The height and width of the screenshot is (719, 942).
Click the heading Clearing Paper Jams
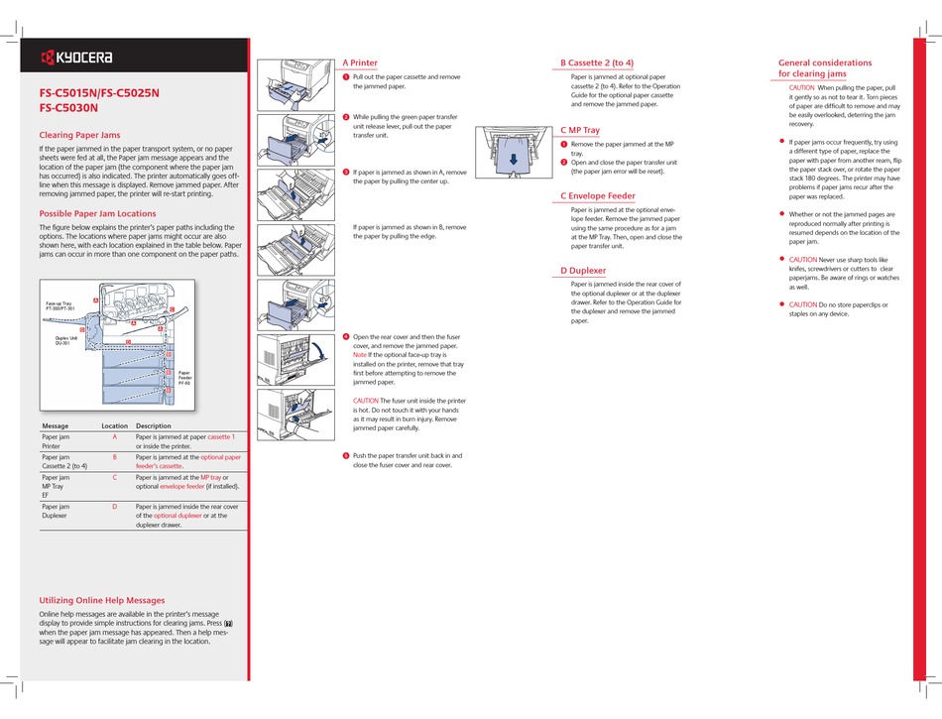point(79,135)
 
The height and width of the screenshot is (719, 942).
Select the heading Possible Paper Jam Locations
point(97,213)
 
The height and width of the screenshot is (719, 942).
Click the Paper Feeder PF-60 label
point(183,377)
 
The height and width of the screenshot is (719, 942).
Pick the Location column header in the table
point(114,425)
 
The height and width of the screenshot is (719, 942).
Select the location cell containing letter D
point(114,507)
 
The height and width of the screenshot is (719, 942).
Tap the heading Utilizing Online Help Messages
point(101,600)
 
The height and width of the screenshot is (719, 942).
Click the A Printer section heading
point(359,62)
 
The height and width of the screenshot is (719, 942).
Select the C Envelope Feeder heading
point(597,195)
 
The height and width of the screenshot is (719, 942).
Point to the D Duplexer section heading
point(582,271)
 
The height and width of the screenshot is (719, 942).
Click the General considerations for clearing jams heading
point(825,67)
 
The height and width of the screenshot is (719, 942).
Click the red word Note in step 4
point(359,354)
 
